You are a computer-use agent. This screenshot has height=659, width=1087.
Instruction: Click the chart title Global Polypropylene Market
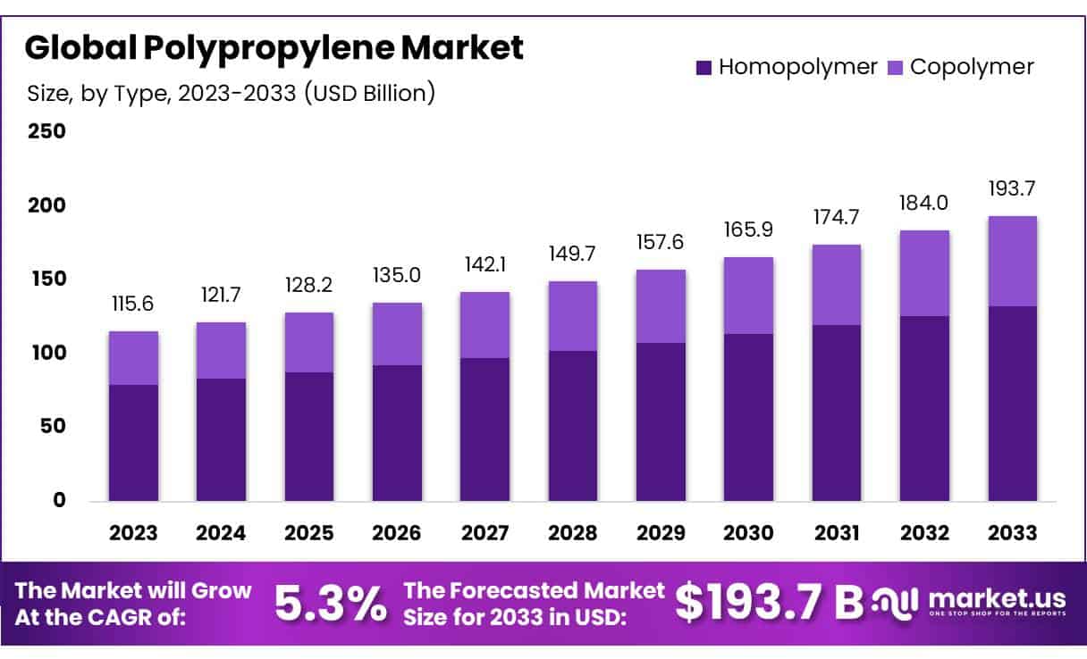(274, 48)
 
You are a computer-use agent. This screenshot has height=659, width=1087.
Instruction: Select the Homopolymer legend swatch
(704, 67)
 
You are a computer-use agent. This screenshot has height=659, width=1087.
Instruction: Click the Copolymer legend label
(972, 67)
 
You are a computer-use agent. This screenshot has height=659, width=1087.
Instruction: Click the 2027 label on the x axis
(485, 533)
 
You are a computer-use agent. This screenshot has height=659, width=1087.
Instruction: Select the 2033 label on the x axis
(1012, 533)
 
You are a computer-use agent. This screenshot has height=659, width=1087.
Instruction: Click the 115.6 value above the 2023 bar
(133, 304)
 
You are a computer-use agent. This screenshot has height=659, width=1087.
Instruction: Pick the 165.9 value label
(748, 229)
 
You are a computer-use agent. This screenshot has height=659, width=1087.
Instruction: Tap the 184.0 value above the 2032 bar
(924, 203)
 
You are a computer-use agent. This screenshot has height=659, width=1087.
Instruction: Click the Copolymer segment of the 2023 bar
(133, 358)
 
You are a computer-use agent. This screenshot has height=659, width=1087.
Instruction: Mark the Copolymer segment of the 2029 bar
(661, 306)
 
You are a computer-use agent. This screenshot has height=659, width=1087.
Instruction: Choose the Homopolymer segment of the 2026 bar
(397, 432)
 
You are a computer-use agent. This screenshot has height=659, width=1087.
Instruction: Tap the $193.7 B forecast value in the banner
(764, 603)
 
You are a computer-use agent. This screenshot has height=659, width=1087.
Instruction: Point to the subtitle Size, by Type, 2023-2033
(231, 92)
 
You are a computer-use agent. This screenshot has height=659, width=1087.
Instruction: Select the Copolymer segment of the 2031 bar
(837, 285)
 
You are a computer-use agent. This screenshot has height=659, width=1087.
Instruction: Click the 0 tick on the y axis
(59, 500)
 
